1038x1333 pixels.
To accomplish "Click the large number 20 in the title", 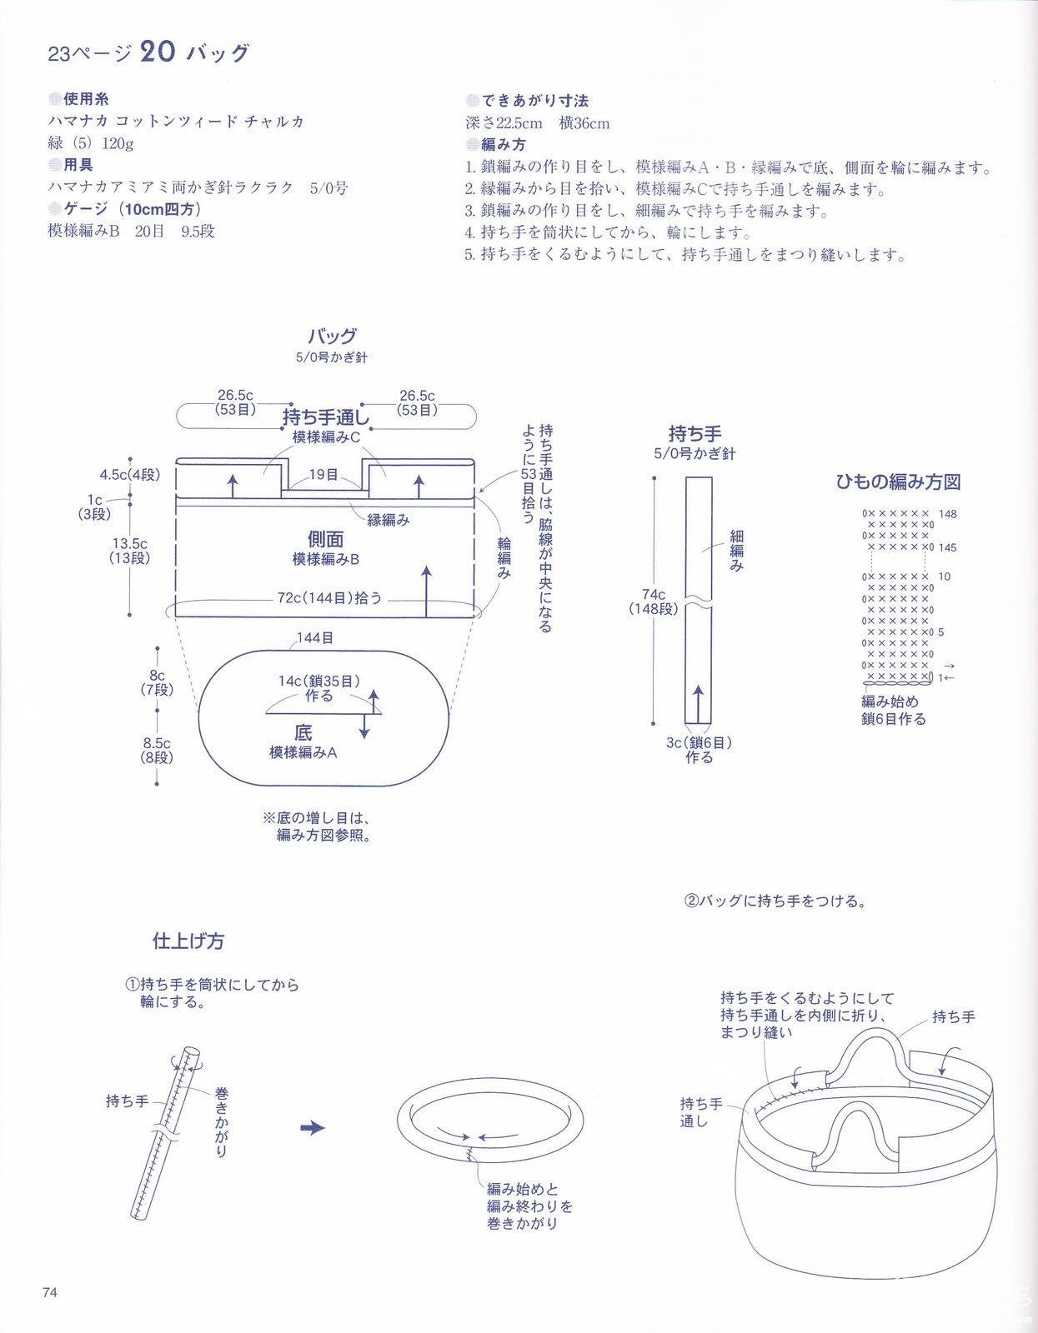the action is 158,52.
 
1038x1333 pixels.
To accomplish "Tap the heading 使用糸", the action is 86,98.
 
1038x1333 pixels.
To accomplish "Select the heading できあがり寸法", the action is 534,100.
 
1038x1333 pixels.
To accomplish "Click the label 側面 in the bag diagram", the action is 325,539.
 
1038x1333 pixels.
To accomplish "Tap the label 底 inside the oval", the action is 303,732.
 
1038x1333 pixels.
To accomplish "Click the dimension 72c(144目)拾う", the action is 329,597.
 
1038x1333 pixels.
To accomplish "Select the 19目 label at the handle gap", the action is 323,474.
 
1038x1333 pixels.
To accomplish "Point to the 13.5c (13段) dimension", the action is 129,550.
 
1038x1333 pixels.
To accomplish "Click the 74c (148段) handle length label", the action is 653,602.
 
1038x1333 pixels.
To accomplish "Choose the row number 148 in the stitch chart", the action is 947,514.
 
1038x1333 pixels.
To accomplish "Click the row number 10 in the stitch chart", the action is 944,577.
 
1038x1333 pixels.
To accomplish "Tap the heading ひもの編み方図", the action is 898,482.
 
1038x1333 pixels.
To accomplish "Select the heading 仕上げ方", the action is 188,941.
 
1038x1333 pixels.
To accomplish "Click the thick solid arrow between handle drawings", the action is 313,1128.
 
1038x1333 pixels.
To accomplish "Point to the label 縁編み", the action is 388,520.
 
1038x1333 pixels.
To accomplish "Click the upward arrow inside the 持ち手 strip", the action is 698,704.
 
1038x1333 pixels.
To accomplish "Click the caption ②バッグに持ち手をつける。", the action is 775,901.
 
